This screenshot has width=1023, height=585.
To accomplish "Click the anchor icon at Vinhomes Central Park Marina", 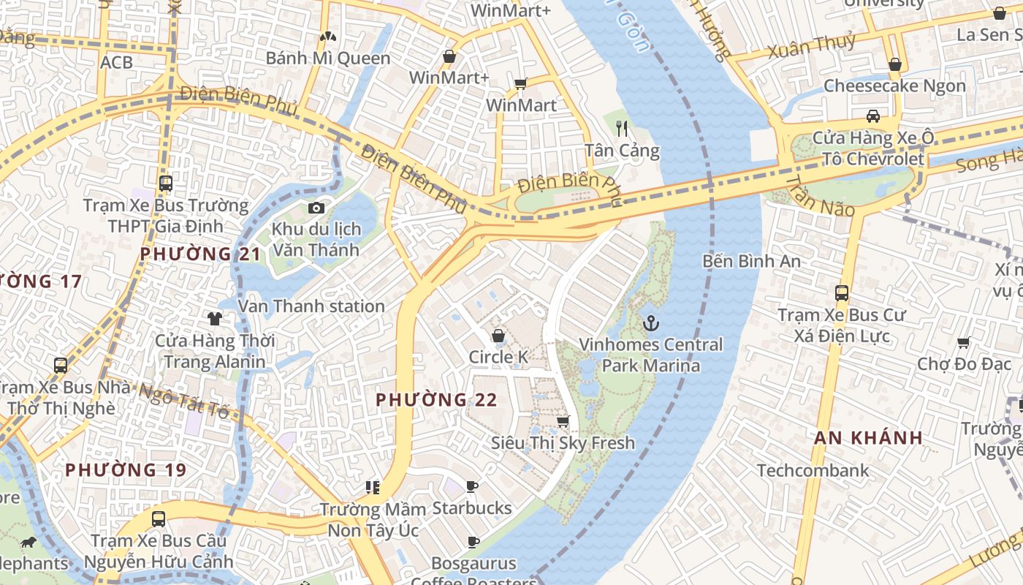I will pyautogui.click(x=650, y=322).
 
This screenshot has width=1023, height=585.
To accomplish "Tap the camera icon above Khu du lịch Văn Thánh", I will pyautogui.click(x=316, y=208).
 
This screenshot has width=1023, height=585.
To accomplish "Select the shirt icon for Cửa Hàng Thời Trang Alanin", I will pyautogui.click(x=215, y=319).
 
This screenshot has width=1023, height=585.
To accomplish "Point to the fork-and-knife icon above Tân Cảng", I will pyautogui.click(x=622, y=129).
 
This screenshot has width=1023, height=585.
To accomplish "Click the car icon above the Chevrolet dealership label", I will pyautogui.click(x=872, y=116).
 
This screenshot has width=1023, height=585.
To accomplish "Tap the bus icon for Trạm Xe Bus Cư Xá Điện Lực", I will pyautogui.click(x=842, y=293).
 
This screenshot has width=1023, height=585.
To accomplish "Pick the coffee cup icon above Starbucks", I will pyautogui.click(x=472, y=486).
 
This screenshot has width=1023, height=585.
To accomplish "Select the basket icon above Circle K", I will pyautogui.click(x=498, y=336).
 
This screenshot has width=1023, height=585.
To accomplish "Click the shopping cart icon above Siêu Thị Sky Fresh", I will pyautogui.click(x=563, y=421).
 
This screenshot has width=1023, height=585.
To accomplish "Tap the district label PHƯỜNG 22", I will pyautogui.click(x=436, y=400).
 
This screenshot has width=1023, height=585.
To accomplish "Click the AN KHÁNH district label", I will pyautogui.click(x=869, y=438).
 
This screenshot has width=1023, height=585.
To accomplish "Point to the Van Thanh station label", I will pyautogui.click(x=311, y=306).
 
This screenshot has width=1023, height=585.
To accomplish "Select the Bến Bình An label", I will pyautogui.click(x=751, y=261).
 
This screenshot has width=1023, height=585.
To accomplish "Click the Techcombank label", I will pyautogui.click(x=813, y=470).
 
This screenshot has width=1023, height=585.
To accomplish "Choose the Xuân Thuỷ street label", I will pyautogui.click(x=811, y=47).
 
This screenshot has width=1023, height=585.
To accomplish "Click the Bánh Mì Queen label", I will pyautogui.click(x=327, y=58).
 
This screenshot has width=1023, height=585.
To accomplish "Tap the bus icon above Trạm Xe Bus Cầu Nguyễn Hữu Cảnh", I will pyautogui.click(x=159, y=519).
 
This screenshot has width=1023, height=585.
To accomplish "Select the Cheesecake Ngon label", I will pyautogui.click(x=894, y=86).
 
